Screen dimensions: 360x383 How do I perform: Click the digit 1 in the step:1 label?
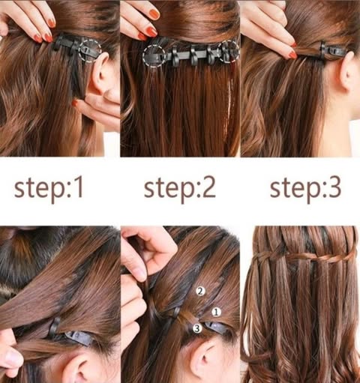tap(79, 187)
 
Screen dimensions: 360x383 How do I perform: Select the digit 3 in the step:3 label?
tap(334, 187)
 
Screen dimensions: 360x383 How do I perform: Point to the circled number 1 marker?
tap(216, 312)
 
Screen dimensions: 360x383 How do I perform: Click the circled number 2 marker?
tap(200, 291)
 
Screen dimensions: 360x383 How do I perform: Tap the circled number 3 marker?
tap(197, 328)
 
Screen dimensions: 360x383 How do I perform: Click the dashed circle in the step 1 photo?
tap(90, 50)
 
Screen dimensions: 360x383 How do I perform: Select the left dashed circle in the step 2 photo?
tap(154, 56)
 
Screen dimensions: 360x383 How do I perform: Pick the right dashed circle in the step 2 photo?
tap(228, 51)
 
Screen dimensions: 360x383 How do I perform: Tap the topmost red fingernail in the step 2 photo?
tap(154, 14)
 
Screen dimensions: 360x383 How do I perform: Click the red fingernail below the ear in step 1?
tap(74, 103)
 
